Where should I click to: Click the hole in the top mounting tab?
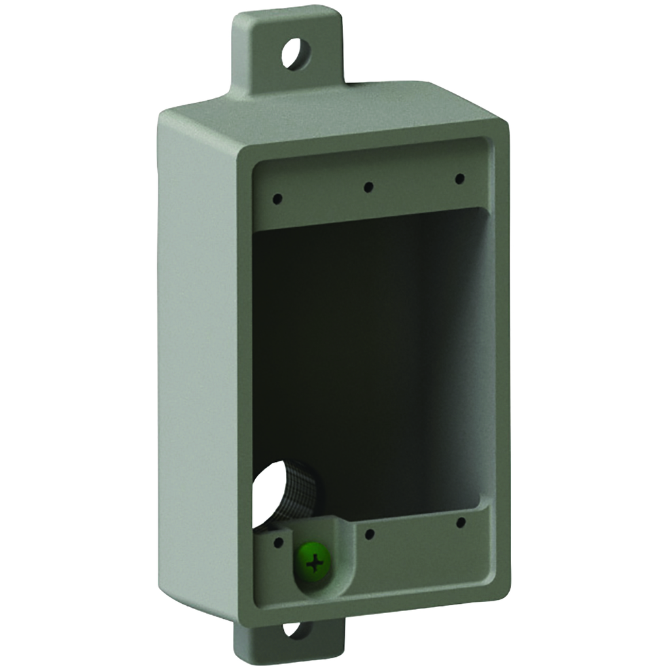[295, 52]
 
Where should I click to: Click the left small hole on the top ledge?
[277, 198]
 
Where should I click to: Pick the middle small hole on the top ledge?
[368, 187]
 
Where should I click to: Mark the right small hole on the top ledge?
[459, 179]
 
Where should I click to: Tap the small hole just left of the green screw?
[277, 542]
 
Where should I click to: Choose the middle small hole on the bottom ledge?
[370, 534]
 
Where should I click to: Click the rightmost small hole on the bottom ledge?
[461, 522]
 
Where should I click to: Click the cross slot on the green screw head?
[315, 563]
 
